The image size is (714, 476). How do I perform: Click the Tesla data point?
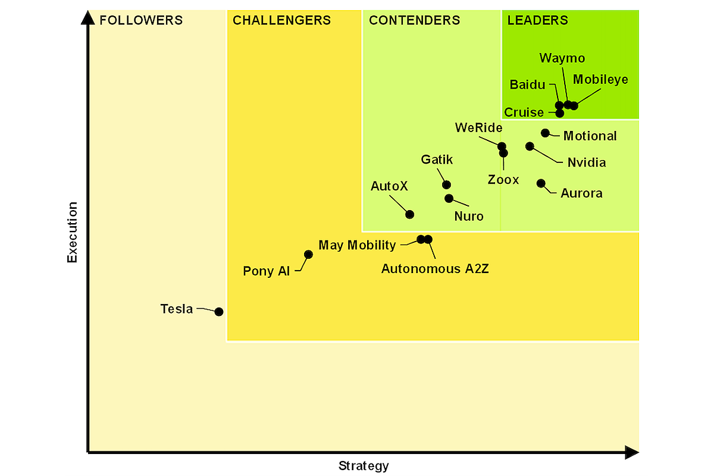(219, 312)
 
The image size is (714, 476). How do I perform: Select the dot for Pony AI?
(308, 254)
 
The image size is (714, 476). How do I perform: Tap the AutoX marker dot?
(409, 214)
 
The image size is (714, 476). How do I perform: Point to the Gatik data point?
(446, 184)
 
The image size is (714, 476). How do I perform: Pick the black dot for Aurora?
(541, 183)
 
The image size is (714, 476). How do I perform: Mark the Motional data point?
(545, 133)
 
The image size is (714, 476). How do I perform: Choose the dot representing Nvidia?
(530, 146)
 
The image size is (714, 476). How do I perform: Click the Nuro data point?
(449, 198)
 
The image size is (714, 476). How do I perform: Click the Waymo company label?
(562, 58)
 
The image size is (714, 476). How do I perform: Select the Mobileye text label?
(600, 80)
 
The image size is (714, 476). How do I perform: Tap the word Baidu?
(527, 84)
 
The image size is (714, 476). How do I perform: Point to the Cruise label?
(524, 112)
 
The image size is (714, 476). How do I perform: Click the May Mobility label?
(357, 245)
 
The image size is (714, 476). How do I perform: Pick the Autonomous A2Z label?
(435, 268)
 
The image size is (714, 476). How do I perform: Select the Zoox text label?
(503, 180)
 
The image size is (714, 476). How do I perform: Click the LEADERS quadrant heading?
(537, 21)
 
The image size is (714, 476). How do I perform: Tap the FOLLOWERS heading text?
(141, 21)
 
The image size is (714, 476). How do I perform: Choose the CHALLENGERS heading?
(281, 21)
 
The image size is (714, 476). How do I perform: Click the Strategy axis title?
(364, 466)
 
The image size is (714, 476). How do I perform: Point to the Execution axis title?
(73, 232)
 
